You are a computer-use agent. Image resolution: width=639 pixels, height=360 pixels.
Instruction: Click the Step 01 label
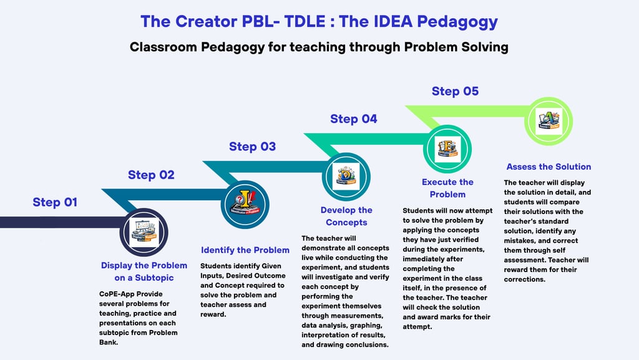point(56,202)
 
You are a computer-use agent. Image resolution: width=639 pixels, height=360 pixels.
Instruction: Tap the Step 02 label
point(151,175)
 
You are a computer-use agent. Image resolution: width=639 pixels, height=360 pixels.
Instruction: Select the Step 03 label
point(252,147)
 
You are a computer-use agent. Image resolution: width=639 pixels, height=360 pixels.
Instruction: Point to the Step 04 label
point(353,119)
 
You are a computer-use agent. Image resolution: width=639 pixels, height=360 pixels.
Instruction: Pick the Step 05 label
point(455,91)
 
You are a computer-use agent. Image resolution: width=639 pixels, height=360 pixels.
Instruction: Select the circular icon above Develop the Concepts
point(346,175)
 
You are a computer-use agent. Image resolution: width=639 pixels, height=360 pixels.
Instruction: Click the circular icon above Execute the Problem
point(447,148)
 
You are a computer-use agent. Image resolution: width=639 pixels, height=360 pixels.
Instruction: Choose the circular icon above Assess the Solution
point(549,119)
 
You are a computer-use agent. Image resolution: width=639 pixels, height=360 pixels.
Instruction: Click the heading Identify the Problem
point(245,250)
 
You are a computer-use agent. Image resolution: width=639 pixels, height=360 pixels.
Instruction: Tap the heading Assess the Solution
point(549,167)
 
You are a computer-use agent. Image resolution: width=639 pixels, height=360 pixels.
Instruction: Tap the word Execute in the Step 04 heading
point(440,182)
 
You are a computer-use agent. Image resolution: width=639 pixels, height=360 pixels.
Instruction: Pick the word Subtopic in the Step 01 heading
point(152,278)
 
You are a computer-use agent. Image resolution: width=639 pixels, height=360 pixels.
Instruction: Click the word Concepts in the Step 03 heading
point(346,222)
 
